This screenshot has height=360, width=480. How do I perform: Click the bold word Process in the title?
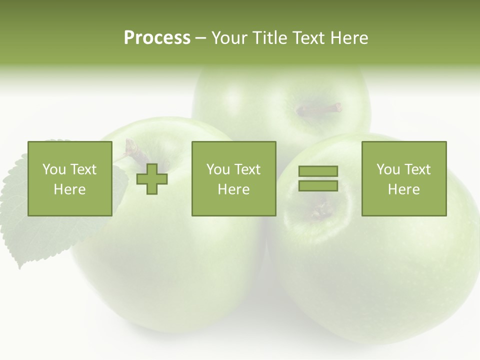click(x=157, y=38)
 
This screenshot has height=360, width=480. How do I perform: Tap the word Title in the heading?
click(x=270, y=38)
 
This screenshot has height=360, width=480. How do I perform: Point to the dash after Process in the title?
click(x=201, y=38)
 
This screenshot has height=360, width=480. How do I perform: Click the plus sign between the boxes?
click(x=152, y=179)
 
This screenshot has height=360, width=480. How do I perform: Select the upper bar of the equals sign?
click(x=318, y=171)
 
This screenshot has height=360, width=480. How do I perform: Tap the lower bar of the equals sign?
click(x=318, y=186)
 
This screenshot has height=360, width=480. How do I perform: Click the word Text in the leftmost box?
click(x=83, y=169)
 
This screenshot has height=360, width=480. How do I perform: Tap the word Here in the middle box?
click(x=233, y=189)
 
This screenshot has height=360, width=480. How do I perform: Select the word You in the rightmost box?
click(x=388, y=169)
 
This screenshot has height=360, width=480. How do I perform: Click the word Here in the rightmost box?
click(x=404, y=189)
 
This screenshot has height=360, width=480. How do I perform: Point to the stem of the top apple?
click(x=320, y=109)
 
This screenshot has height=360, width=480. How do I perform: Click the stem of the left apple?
click(x=132, y=148)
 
